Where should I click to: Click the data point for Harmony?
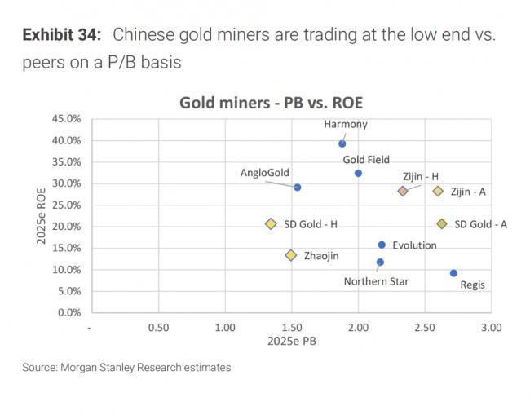point(342,143)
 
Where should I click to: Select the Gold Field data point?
point(358,173)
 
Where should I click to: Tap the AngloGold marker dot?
point(297,188)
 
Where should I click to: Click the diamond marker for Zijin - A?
point(438,191)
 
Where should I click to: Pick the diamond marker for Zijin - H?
point(402,191)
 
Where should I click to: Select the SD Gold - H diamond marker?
point(271,224)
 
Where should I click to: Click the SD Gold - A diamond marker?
point(441,224)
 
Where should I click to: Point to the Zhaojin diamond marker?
point(290,255)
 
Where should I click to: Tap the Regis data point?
point(453,273)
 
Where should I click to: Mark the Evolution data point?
point(382,245)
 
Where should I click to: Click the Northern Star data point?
point(380,263)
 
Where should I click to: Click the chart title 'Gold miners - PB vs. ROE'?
point(271,103)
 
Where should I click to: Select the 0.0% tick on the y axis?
point(67,312)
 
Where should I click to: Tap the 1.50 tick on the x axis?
point(291,327)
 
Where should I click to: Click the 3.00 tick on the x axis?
point(490,327)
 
